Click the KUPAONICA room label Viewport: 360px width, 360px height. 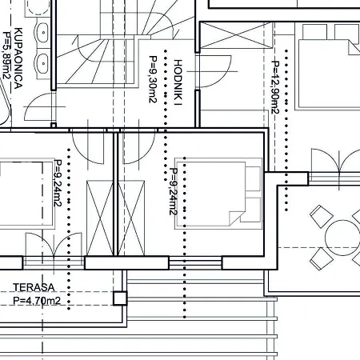tap(18, 58)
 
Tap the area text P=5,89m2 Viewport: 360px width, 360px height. tap(7, 55)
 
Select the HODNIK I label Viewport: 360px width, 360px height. tap(178, 82)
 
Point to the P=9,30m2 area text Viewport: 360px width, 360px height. tap(153, 79)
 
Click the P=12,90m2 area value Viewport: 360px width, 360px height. tap(275, 87)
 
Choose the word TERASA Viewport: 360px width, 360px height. tap(34, 287)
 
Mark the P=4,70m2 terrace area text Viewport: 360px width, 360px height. tap(37, 301)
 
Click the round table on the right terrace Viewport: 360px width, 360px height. tap(342, 238)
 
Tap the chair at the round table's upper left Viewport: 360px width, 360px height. tap(322, 216)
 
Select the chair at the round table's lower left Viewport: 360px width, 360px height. tap(322, 259)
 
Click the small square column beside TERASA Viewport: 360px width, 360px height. tap(120, 298)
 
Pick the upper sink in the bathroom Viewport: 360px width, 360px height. tap(42, 33)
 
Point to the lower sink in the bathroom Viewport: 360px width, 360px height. tap(42, 64)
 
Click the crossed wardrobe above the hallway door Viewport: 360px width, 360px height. tap(236, 35)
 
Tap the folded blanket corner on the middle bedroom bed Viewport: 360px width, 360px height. tap(237, 218)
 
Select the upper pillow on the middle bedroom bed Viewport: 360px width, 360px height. tap(253, 178)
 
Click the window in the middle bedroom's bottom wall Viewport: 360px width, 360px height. tap(195, 263)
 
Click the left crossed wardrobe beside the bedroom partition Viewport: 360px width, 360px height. tap(100, 218)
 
